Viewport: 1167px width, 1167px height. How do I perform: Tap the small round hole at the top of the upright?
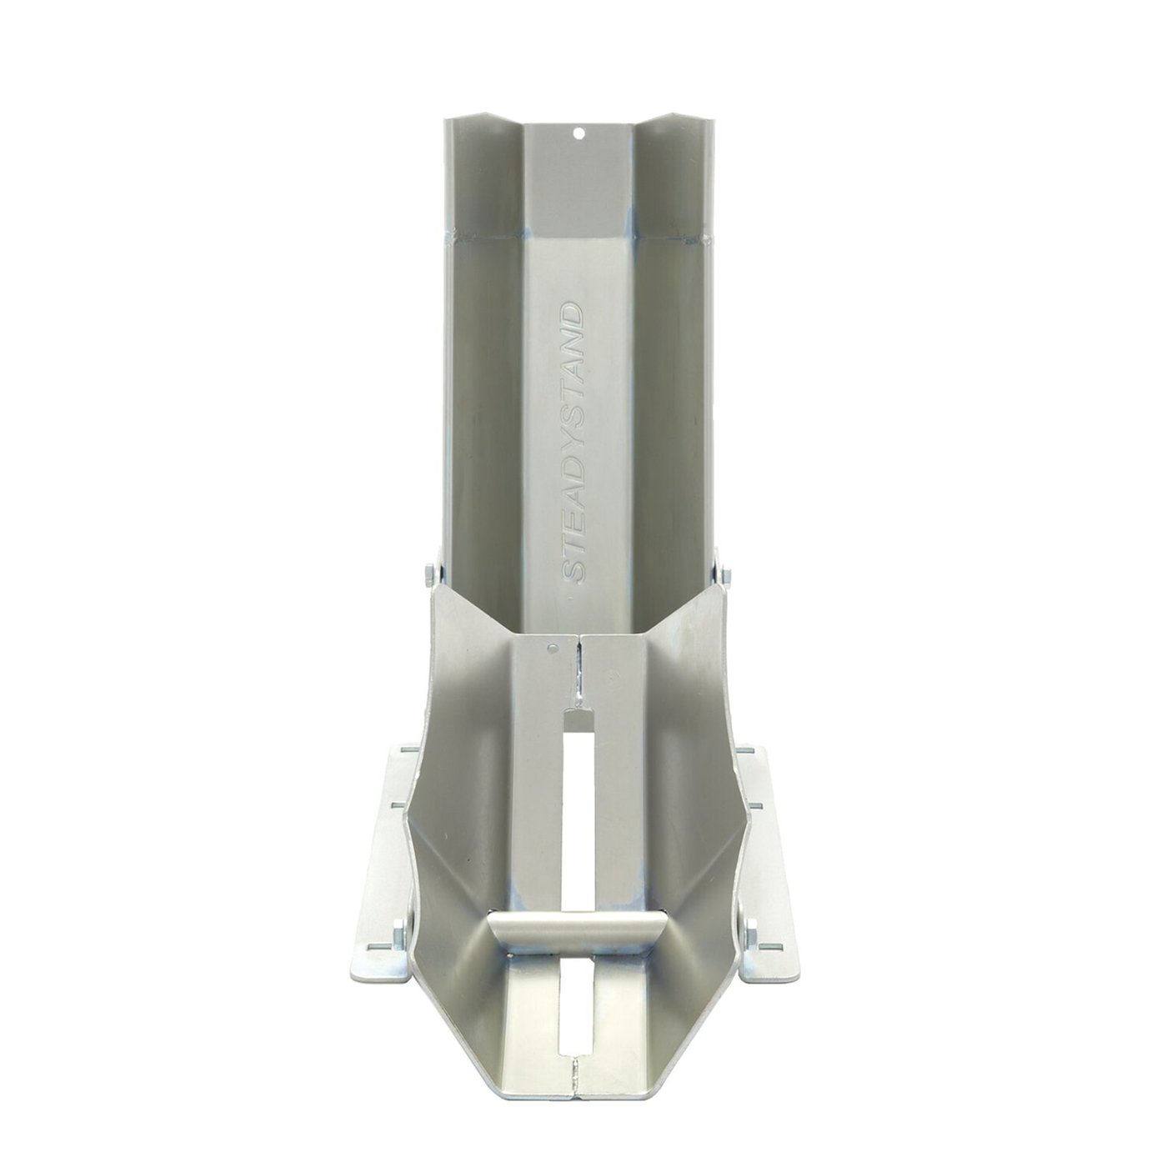click(x=579, y=132)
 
